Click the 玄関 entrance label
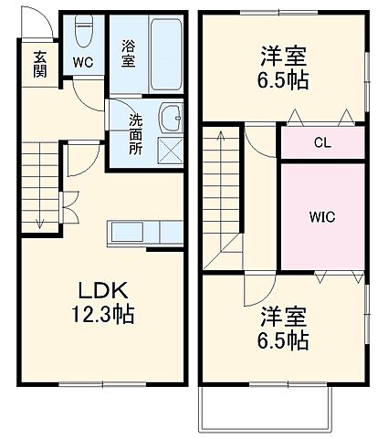41,65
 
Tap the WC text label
83,62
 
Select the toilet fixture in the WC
82,35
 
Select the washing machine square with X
171,149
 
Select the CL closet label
320,142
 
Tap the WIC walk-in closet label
320,217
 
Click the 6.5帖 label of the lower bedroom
283,342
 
